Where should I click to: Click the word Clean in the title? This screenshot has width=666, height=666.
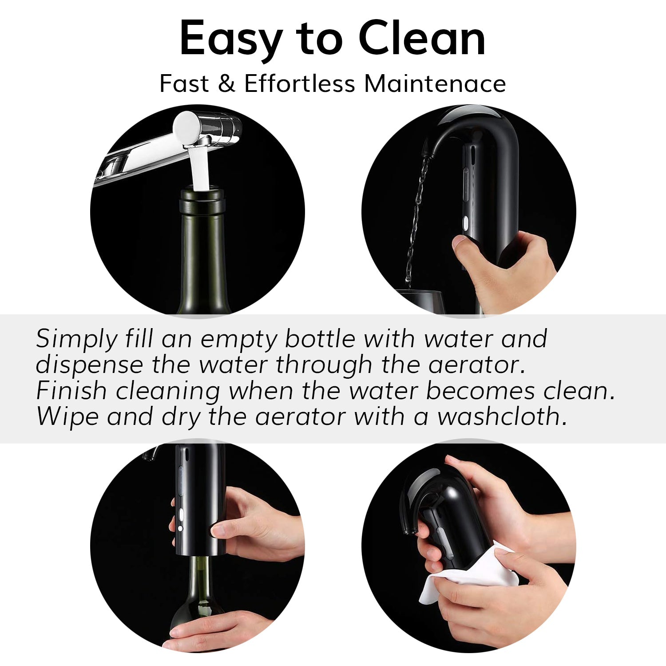point(421,39)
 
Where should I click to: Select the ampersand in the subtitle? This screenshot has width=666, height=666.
point(226,83)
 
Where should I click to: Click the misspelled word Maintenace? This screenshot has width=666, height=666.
point(435,83)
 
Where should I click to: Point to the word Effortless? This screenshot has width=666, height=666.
point(300,83)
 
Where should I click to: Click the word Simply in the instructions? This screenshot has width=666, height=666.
point(76,340)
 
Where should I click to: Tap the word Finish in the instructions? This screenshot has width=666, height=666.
point(71,391)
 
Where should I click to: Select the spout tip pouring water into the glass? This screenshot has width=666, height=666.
point(427,151)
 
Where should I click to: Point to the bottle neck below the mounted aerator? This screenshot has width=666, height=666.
point(200,577)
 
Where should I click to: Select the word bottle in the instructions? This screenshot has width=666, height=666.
point(320,339)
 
